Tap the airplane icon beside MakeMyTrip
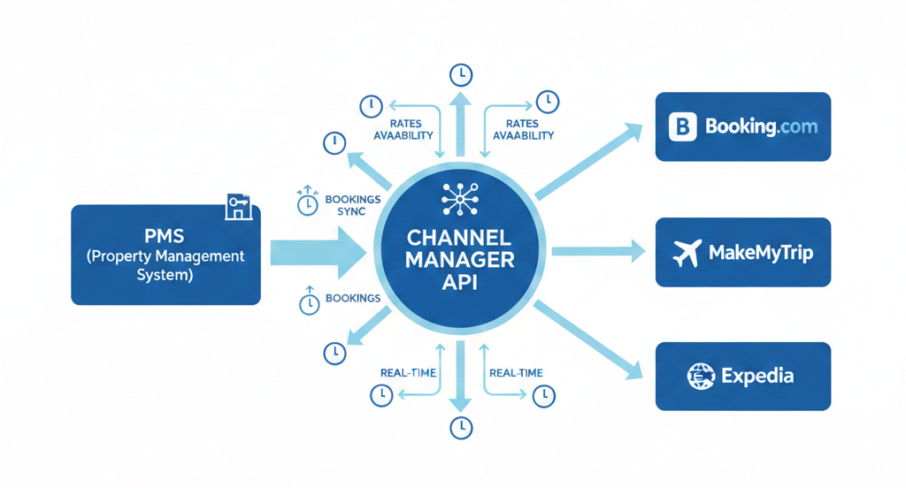pos(687,253)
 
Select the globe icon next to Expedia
pos(701,377)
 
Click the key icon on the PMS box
pos(238,207)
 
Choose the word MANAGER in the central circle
pos(457,259)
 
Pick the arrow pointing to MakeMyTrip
pos(598,252)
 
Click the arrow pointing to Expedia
pos(588,340)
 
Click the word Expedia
pos(756,377)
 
